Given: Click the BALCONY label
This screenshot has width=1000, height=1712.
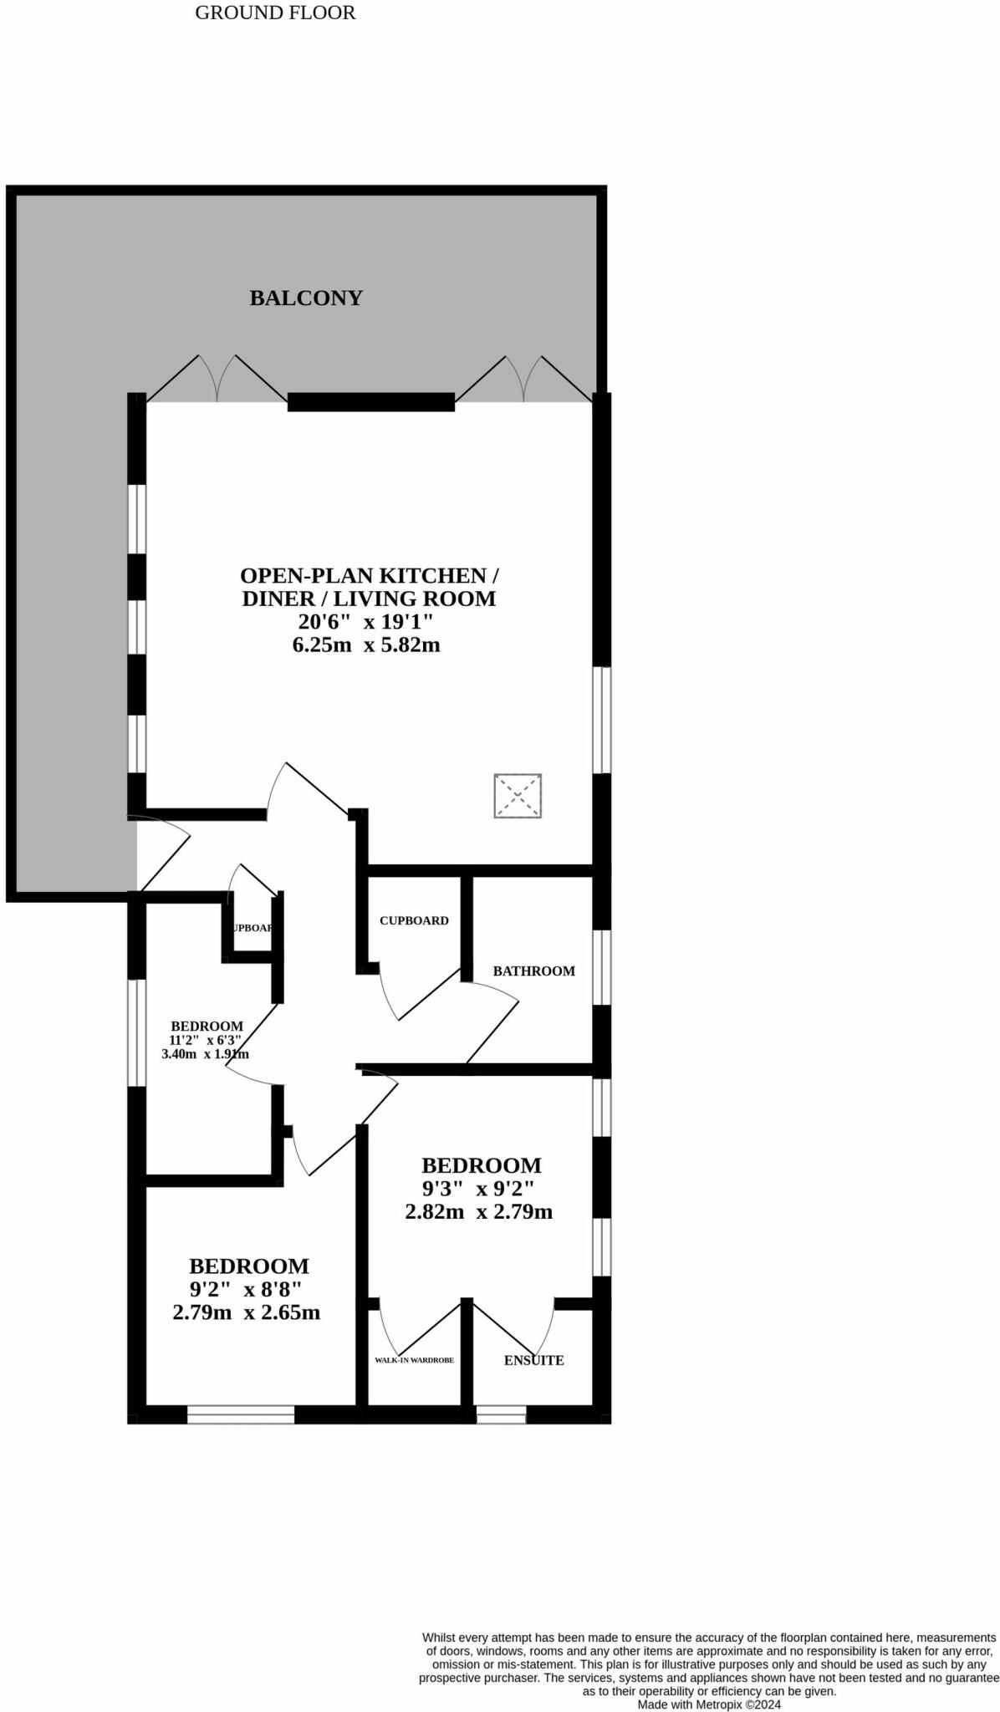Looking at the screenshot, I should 306,298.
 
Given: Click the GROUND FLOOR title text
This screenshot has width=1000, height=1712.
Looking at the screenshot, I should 275,13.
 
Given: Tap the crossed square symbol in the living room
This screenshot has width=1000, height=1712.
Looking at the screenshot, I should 518,796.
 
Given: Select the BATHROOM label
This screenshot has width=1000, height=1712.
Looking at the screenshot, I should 533,971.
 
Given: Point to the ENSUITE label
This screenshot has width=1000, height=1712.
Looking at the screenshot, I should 533,1361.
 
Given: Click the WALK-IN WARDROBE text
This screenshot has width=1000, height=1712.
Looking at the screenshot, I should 414,1361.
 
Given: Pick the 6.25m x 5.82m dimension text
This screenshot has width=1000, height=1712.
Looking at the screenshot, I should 366,645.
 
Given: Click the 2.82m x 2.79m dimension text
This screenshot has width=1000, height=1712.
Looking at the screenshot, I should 478,1212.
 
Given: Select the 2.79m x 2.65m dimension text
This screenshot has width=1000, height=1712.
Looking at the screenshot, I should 246,1312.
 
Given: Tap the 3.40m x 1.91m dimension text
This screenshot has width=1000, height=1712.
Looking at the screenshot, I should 205,1054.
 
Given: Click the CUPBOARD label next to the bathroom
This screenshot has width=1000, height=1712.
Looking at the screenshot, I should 414,920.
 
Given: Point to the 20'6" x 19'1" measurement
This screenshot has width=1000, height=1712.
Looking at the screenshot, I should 366,622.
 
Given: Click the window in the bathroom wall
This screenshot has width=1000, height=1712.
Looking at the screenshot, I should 602,967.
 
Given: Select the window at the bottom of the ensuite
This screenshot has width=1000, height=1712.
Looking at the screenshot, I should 501,1414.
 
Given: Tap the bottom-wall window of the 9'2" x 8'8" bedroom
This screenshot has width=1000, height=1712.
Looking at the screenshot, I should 241,1414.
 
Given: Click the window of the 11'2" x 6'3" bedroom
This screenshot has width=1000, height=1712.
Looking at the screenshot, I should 136,1033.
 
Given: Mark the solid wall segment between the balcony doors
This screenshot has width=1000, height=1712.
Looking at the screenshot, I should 371,402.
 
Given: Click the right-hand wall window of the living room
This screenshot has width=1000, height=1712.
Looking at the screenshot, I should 602,720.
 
